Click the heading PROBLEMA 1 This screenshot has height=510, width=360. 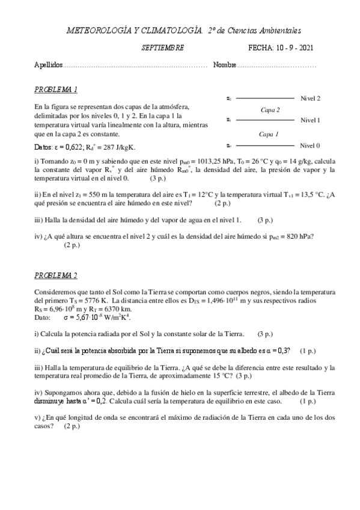point(56,90)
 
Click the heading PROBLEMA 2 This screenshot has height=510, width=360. point(56,276)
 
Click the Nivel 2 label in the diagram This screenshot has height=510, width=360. point(310,98)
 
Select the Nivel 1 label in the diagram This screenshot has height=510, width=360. point(310,120)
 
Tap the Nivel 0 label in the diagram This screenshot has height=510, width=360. point(310,146)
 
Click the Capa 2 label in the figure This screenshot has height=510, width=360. point(270,109)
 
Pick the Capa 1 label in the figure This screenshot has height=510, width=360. point(269,134)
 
